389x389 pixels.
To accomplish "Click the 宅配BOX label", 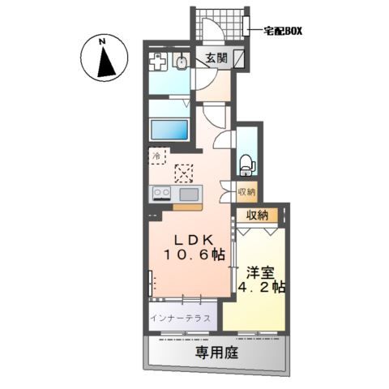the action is [x=283, y=32].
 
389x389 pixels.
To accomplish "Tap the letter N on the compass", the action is [x=102, y=41].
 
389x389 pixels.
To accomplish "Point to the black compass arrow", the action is [x=106, y=62].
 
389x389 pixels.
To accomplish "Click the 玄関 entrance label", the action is [x=216, y=58].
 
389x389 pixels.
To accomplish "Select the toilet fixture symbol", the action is [x=246, y=165].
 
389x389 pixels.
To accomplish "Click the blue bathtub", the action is [x=169, y=130].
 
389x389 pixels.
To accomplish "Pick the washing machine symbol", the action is [x=157, y=62].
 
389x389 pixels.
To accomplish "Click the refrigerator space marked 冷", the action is [x=158, y=156].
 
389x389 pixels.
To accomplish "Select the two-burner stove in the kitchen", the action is [x=162, y=194].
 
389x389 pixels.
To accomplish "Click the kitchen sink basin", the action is [x=189, y=194].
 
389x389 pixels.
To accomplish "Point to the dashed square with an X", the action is [x=184, y=173].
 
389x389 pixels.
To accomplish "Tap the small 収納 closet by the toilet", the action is [x=246, y=192].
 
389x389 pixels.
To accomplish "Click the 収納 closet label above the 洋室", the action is [x=257, y=216].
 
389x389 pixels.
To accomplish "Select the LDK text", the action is [x=194, y=240].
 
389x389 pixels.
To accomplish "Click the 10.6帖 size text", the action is [x=194, y=254].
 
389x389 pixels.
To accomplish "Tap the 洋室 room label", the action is [x=260, y=273].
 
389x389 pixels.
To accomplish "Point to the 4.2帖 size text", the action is [x=262, y=287].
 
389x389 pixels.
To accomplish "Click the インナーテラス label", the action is [x=180, y=318].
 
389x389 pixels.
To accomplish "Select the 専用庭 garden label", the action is [x=217, y=352].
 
